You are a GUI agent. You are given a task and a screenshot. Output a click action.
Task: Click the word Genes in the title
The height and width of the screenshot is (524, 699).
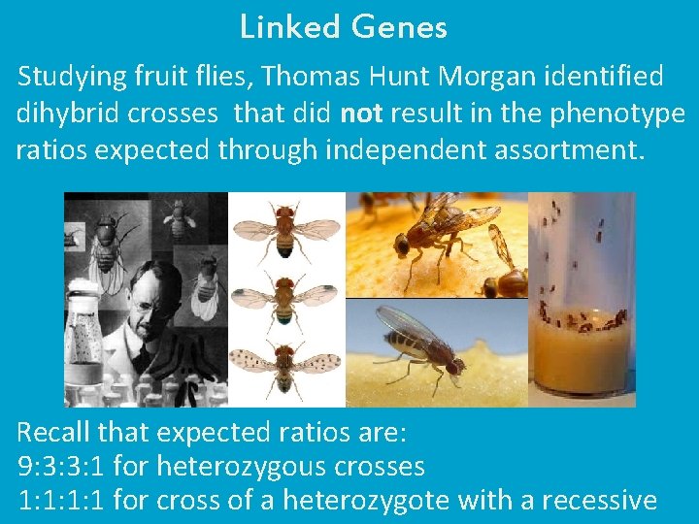click(x=400, y=27)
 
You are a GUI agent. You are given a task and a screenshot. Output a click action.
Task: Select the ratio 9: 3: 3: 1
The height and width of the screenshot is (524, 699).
click(x=61, y=467)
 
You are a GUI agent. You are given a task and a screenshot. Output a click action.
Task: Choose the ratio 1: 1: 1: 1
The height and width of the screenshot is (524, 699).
click(x=61, y=501)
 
